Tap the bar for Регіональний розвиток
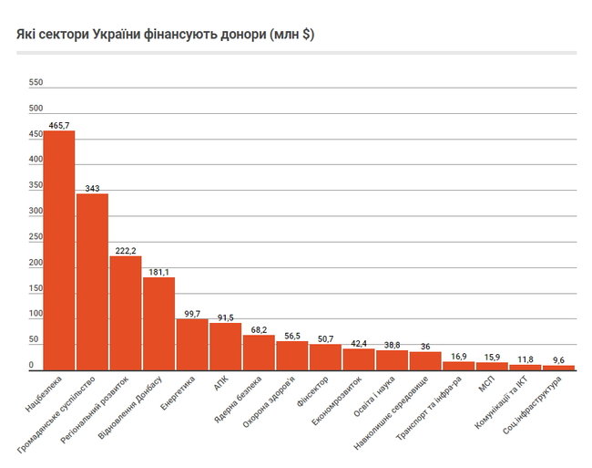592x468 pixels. click(x=126, y=312)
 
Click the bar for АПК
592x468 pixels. click(x=226, y=346)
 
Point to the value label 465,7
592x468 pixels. click(x=59, y=123)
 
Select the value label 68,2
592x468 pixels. click(x=259, y=328)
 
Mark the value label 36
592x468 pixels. click(x=425, y=345)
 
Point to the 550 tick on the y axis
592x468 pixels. click(x=36, y=82)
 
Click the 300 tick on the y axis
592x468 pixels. click(x=36, y=211)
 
